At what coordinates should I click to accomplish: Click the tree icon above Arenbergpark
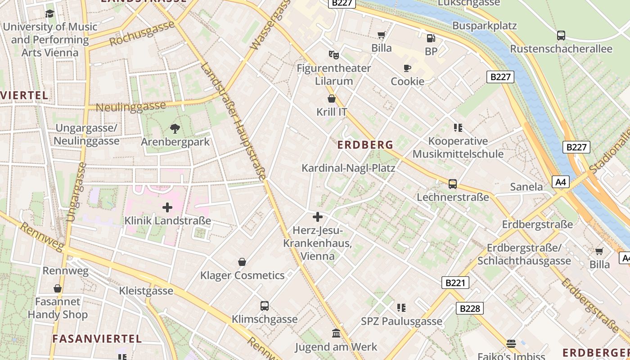(x=175, y=129)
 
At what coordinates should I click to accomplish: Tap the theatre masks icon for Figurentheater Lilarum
(x=333, y=55)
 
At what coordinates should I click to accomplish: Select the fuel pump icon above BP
(x=431, y=38)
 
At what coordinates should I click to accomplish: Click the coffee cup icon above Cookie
(x=407, y=68)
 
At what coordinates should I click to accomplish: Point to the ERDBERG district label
(x=365, y=145)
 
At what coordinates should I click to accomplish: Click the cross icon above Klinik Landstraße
(x=167, y=207)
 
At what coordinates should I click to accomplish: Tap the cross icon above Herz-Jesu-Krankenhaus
(x=318, y=217)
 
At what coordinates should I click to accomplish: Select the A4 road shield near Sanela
(x=561, y=182)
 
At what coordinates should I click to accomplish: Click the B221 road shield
(x=455, y=283)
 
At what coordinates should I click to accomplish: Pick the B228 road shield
(x=470, y=308)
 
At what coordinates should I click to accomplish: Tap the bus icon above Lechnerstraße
(x=453, y=184)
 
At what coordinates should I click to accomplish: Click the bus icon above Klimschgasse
(x=265, y=306)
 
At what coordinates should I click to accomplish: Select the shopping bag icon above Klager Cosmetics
(x=242, y=262)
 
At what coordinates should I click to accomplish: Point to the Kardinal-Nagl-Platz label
(x=348, y=168)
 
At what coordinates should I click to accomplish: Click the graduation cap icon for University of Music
(x=49, y=13)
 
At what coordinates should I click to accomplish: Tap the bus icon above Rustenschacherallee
(x=561, y=36)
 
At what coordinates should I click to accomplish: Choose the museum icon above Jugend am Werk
(x=336, y=333)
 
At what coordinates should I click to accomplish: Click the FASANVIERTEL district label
(x=97, y=338)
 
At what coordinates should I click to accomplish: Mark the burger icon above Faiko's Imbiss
(x=511, y=344)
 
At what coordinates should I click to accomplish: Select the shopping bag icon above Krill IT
(x=332, y=99)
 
